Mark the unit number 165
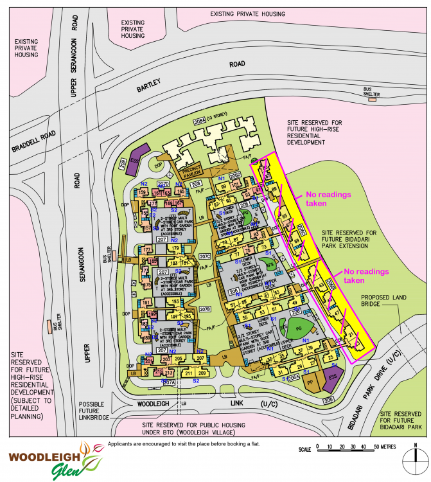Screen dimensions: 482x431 tap(180, 192)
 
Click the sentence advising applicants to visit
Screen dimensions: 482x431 tap(187, 444)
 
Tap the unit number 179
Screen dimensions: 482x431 tap(175, 249)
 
